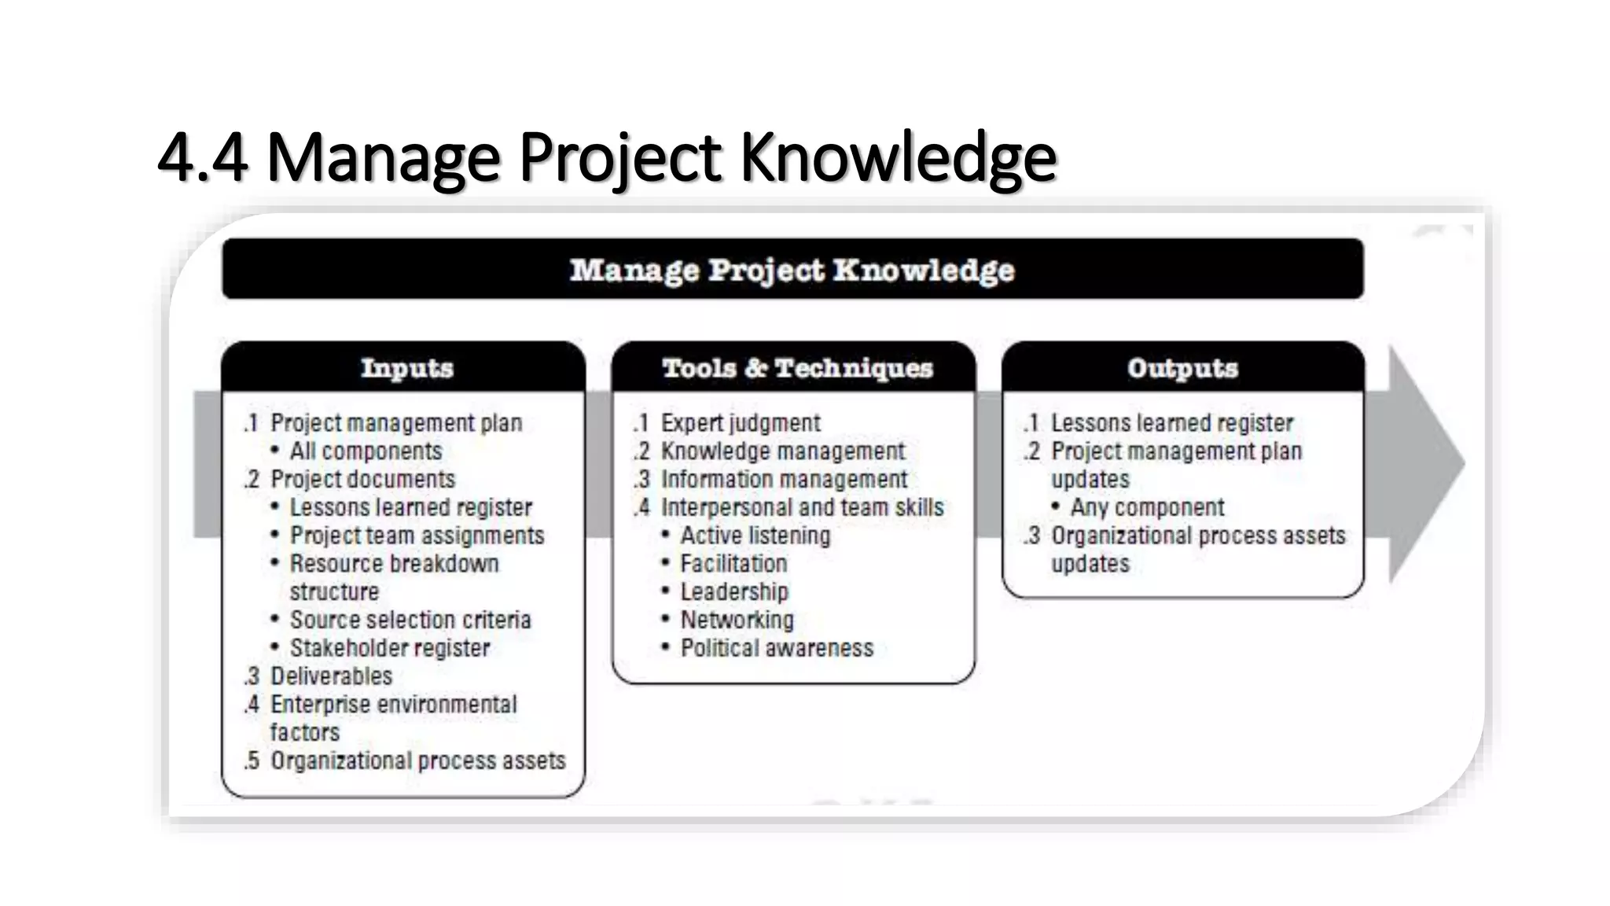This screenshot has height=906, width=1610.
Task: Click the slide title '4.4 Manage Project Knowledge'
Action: click(x=606, y=157)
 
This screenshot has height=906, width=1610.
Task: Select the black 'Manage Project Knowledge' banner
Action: click(x=792, y=270)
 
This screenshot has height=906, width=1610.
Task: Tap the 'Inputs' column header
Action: click(x=406, y=368)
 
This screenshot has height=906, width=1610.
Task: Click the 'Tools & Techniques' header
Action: click(x=796, y=368)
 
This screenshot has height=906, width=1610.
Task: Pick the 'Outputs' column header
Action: click(x=1182, y=368)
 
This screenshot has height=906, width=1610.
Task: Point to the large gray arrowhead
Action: click(x=1423, y=464)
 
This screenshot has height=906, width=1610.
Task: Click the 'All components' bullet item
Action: click(x=366, y=451)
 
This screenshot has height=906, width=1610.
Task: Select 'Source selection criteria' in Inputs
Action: click(x=410, y=620)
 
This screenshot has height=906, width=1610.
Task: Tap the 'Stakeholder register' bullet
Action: click(x=390, y=648)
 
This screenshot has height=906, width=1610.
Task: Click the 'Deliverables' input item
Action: click(x=331, y=676)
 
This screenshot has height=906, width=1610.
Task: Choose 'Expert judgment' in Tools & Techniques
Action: click(x=740, y=423)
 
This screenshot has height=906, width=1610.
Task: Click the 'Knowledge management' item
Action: click(x=782, y=451)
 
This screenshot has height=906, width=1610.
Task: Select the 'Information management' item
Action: click(x=784, y=480)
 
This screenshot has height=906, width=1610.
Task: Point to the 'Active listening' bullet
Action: click(x=755, y=536)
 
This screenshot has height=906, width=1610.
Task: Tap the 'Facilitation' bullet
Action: click(x=733, y=564)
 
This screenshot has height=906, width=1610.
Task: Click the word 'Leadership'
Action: click(x=734, y=591)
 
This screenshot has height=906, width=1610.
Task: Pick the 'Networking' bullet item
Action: click(x=737, y=620)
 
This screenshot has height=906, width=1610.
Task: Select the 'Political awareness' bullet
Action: click(x=777, y=648)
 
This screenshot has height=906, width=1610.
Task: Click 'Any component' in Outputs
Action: click(x=1147, y=507)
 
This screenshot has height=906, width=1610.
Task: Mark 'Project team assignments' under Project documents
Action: click(x=417, y=536)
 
